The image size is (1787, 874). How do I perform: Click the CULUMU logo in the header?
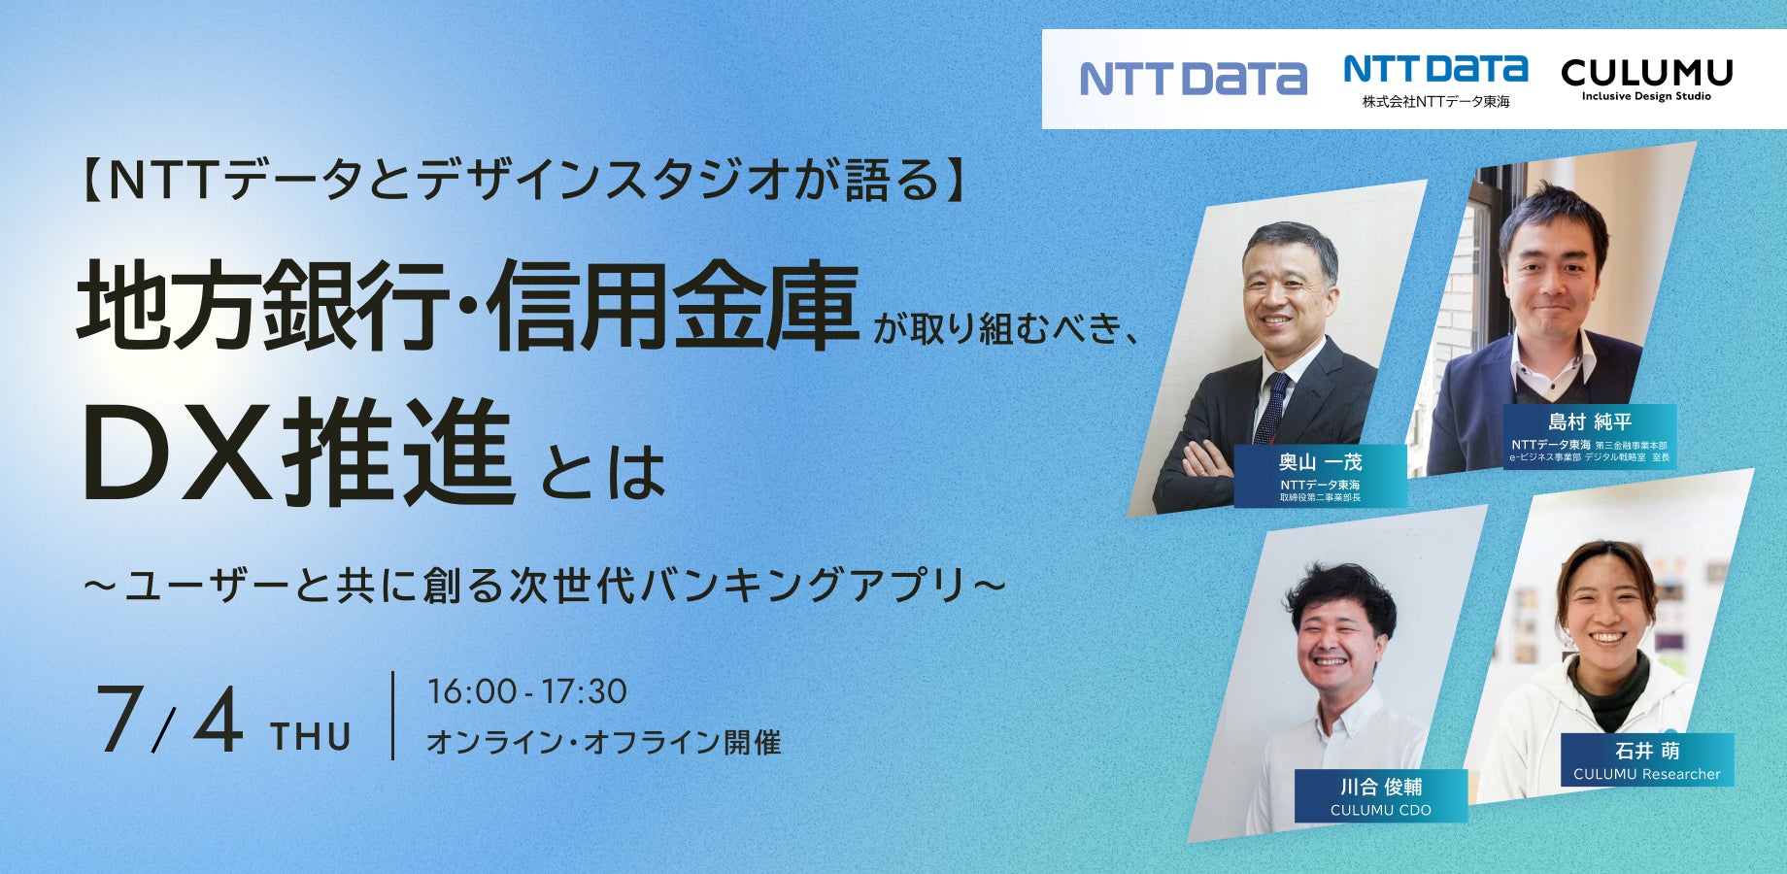(x=1646, y=79)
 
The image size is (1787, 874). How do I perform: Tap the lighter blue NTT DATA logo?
(x=1194, y=79)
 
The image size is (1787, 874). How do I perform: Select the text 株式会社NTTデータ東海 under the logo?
(x=1435, y=101)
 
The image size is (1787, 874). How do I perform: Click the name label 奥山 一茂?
(x=1320, y=462)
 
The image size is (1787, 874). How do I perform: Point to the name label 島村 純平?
(x=1590, y=421)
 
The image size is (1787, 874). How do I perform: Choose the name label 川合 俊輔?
(x=1381, y=787)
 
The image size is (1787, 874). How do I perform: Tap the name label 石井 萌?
(x=1647, y=751)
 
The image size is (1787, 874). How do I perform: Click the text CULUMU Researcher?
(x=1647, y=774)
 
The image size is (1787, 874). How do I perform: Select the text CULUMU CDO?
(x=1381, y=810)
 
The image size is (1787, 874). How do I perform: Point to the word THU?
(x=311, y=737)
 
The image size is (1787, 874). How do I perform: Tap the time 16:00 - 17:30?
(x=527, y=691)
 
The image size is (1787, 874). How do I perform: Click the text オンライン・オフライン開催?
(x=604, y=743)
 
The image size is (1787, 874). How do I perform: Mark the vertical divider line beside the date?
(x=393, y=716)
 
